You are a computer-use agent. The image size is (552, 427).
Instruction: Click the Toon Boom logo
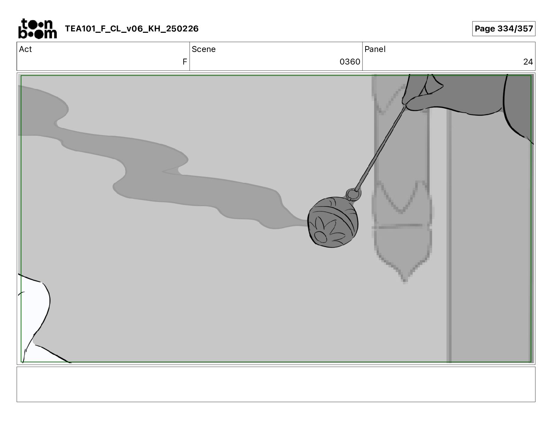pos(38,29)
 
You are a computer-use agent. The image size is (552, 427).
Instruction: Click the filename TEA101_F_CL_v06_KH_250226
pos(132,29)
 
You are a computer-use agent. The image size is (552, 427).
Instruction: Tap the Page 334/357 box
pos(504,29)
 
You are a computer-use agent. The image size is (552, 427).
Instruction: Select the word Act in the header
pos(25,49)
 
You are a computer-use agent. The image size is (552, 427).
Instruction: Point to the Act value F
pos(185,61)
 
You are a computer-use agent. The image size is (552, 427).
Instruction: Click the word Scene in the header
pos(204,49)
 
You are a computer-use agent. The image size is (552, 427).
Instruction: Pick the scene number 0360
pos(350,61)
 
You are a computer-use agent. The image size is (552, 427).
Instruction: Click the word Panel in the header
pos(375,49)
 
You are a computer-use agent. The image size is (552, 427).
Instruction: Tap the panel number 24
pos(528,61)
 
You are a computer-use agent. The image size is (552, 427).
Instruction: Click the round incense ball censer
pos(333,222)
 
